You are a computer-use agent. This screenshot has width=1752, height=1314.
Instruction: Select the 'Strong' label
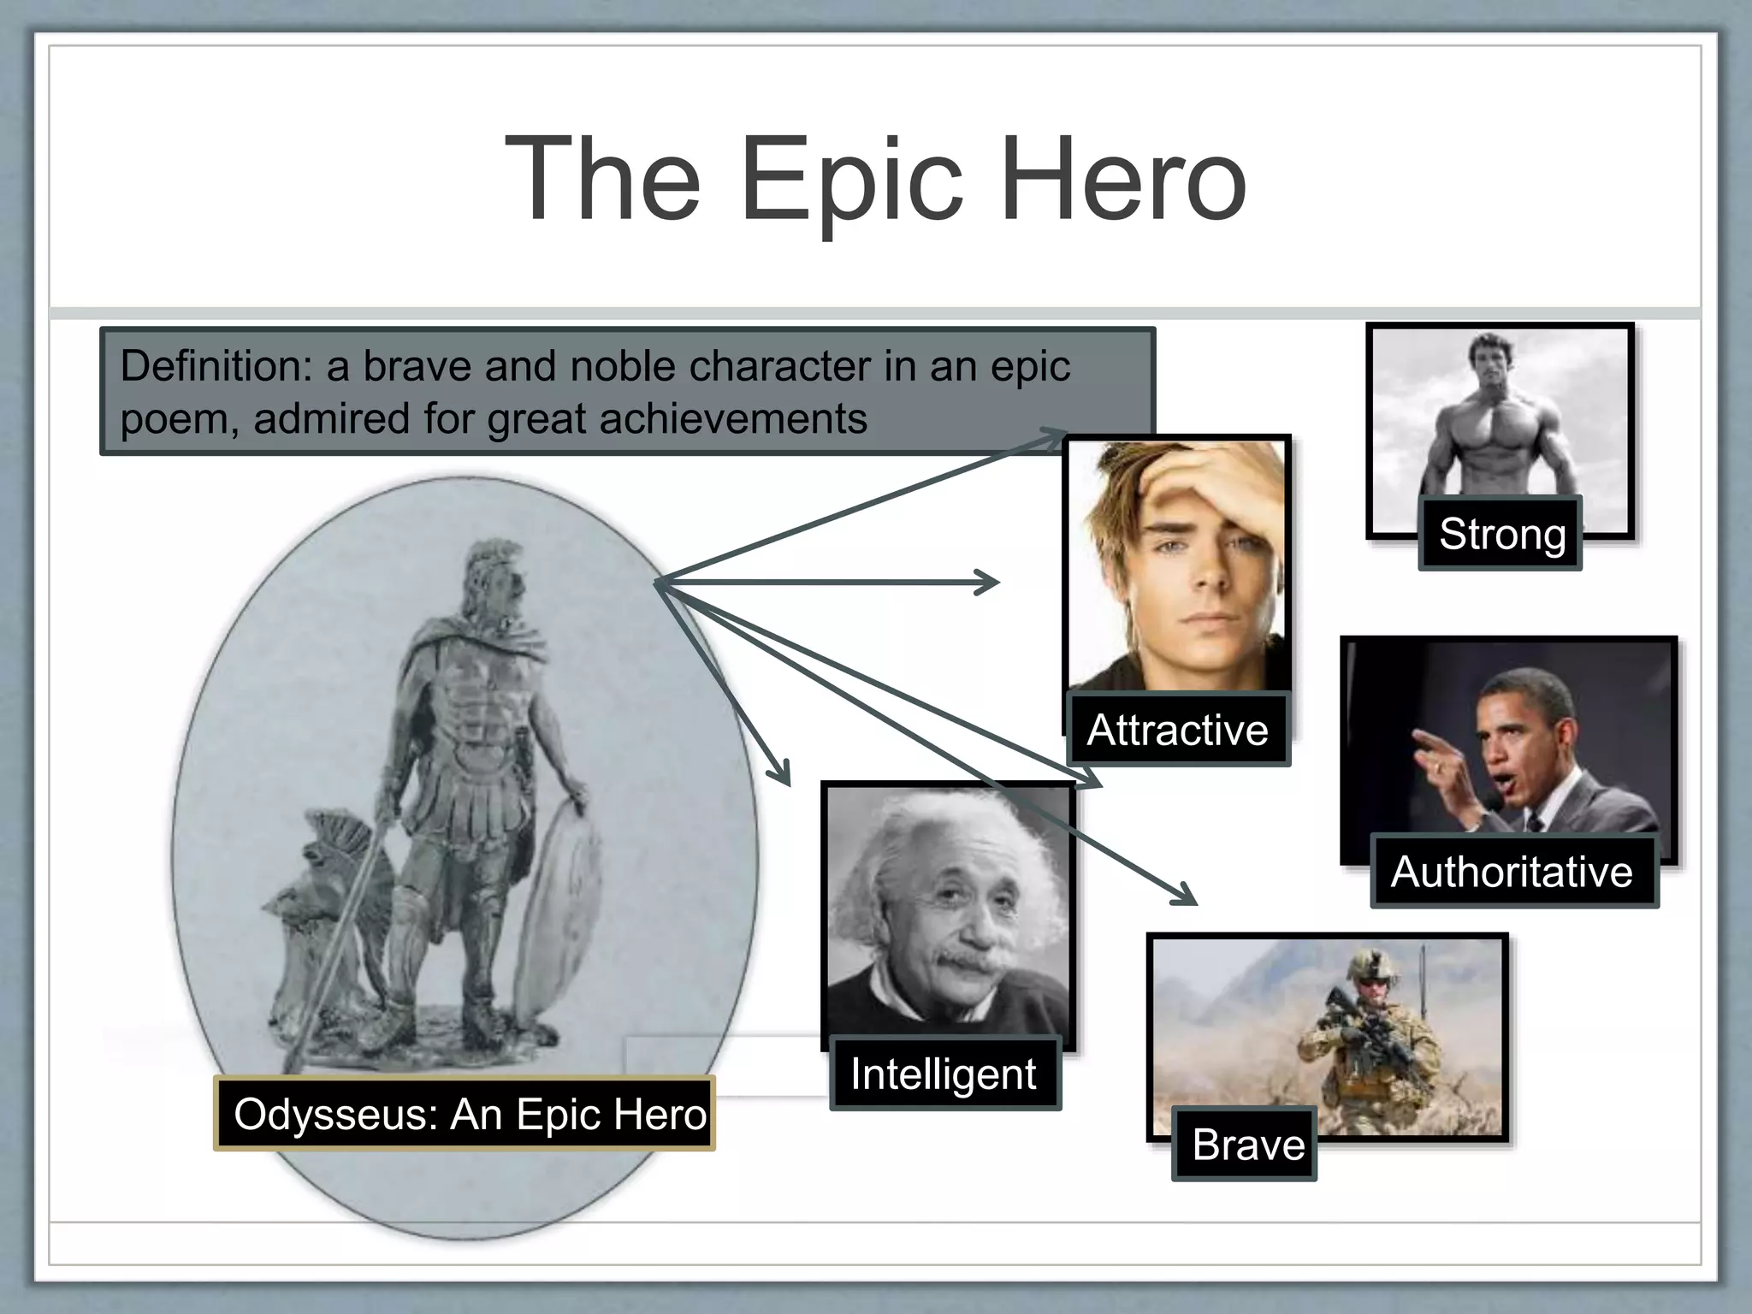tap(1501, 534)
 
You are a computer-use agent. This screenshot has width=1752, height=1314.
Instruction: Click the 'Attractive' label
tap(1177, 730)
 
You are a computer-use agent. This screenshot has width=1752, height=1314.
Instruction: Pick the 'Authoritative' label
tap(1512, 872)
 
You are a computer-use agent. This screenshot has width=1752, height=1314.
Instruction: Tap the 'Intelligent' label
tap(944, 1074)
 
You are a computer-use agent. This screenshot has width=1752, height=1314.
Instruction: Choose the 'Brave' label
tap(1247, 1145)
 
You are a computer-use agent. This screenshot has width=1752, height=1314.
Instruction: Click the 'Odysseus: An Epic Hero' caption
tap(470, 1114)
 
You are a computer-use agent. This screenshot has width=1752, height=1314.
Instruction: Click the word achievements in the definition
tap(732, 419)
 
